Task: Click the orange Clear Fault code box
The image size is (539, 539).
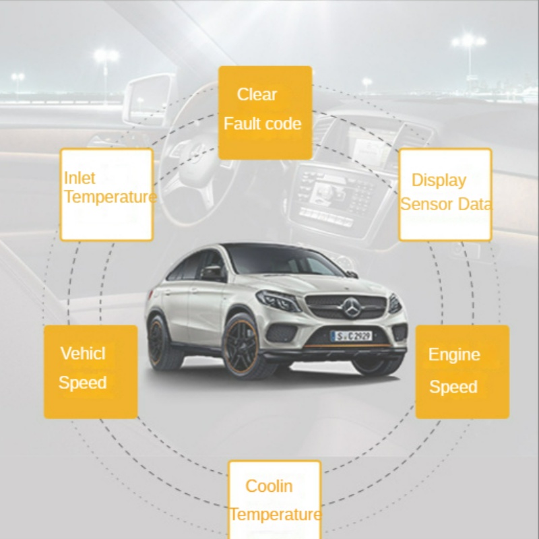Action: click(x=265, y=112)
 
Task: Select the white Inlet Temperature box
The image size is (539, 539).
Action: click(x=106, y=195)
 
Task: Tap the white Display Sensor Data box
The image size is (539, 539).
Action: click(x=445, y=195)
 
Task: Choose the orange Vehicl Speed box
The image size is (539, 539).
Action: click(x=90, y=372)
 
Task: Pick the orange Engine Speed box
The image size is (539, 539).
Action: click(x=462, y=372)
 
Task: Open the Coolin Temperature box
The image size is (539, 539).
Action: click(x=274, y=499)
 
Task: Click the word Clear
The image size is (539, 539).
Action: click(x=257, y=94)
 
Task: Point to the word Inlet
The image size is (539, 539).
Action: click(x=80, y=179)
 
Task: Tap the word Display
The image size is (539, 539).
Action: click(x=439, y=180)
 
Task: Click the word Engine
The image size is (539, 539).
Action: click(x=454, y=354)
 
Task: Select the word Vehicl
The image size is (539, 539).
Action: click(x=83, y=353)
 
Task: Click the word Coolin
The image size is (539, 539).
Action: click(x=269, y=486)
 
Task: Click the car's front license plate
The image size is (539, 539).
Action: click(x=351, y=336)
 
